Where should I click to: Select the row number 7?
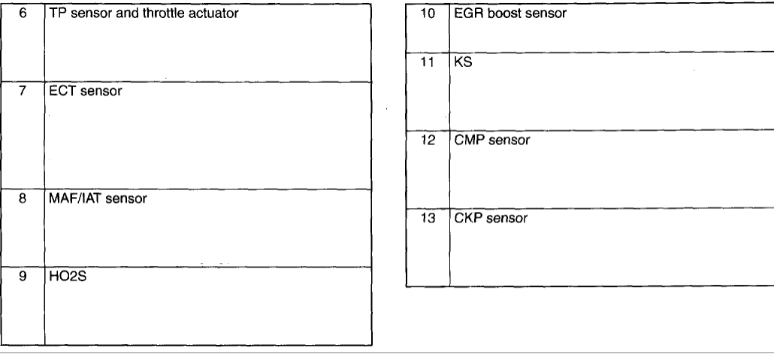23,92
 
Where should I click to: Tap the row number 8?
23,199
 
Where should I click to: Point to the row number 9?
23,276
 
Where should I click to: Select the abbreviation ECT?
61,92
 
